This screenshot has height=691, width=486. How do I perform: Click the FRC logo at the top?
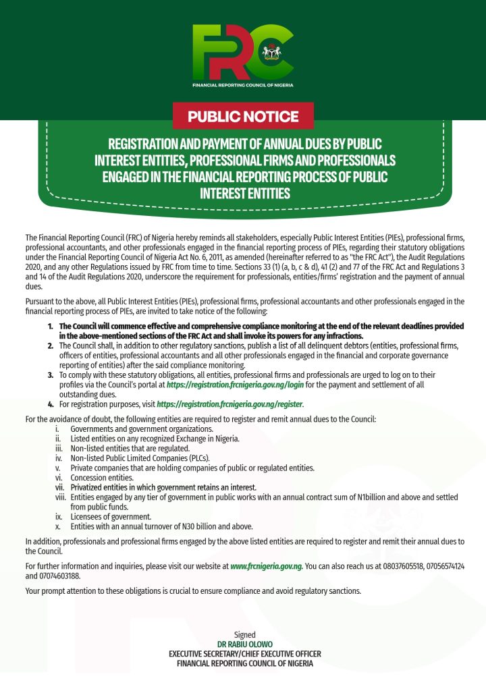point(242,53)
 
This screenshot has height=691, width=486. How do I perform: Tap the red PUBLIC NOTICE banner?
point(243,116)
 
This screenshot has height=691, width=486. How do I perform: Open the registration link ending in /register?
point(230,404)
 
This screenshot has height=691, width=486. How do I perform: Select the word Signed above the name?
point(244,635)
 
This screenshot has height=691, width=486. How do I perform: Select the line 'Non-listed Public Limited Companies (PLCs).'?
point(140,458)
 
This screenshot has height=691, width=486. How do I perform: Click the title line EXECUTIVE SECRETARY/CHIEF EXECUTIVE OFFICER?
point(244,654)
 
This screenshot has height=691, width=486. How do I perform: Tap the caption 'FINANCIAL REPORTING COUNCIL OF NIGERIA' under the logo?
point(242,86)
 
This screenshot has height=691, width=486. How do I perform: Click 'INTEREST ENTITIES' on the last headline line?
point(244,194)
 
